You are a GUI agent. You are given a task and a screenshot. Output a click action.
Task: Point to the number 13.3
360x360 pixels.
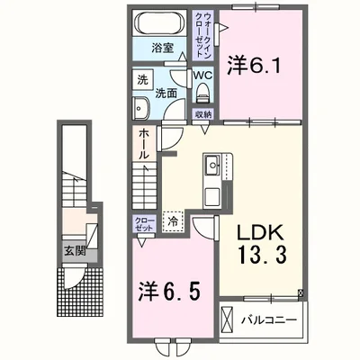pos(261,256)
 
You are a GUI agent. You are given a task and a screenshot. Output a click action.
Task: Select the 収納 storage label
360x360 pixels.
pos(203,114)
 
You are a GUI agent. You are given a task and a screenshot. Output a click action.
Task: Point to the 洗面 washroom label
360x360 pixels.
pos(164,92)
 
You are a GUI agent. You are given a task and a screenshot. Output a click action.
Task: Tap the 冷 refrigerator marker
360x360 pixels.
pos(172,220)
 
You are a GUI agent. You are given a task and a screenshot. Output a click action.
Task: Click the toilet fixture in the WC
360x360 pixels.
pos(203,93)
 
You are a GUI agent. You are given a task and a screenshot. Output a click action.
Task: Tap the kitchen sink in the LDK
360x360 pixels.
pos(212,165)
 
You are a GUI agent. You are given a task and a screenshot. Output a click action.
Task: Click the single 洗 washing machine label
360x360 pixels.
pos(141,78)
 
